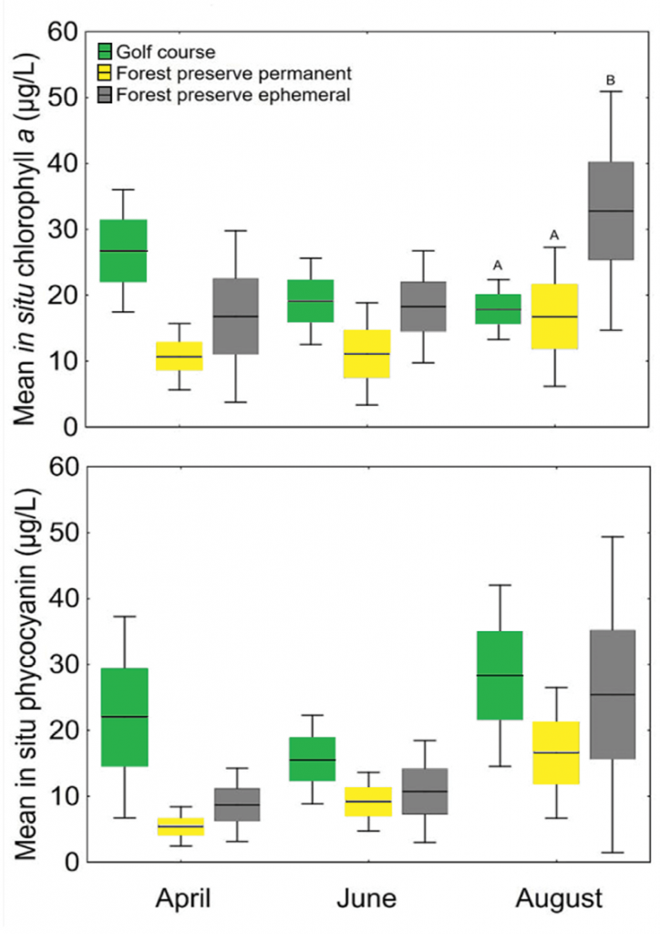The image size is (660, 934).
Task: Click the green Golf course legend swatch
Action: [x=106, y=52]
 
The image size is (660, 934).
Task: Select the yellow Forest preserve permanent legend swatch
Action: [x=106, y=73]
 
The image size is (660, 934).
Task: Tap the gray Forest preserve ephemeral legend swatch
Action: [x=106, y=94]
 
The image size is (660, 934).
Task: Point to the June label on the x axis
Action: [x=366, y=898]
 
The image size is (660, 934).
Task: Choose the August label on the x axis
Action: [x=559, y=898]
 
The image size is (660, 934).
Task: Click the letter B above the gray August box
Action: [x=611, y=80]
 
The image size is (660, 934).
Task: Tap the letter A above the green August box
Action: [x=498, y=265]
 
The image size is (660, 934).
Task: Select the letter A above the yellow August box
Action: [x=554, y=235]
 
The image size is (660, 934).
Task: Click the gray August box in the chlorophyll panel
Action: [x=611, y=211]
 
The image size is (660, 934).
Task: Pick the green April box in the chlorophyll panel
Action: [x=123, y=251]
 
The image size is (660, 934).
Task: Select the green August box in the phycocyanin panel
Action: [x=498, y=675]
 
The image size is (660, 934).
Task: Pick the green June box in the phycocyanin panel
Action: [x=311, y=759]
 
